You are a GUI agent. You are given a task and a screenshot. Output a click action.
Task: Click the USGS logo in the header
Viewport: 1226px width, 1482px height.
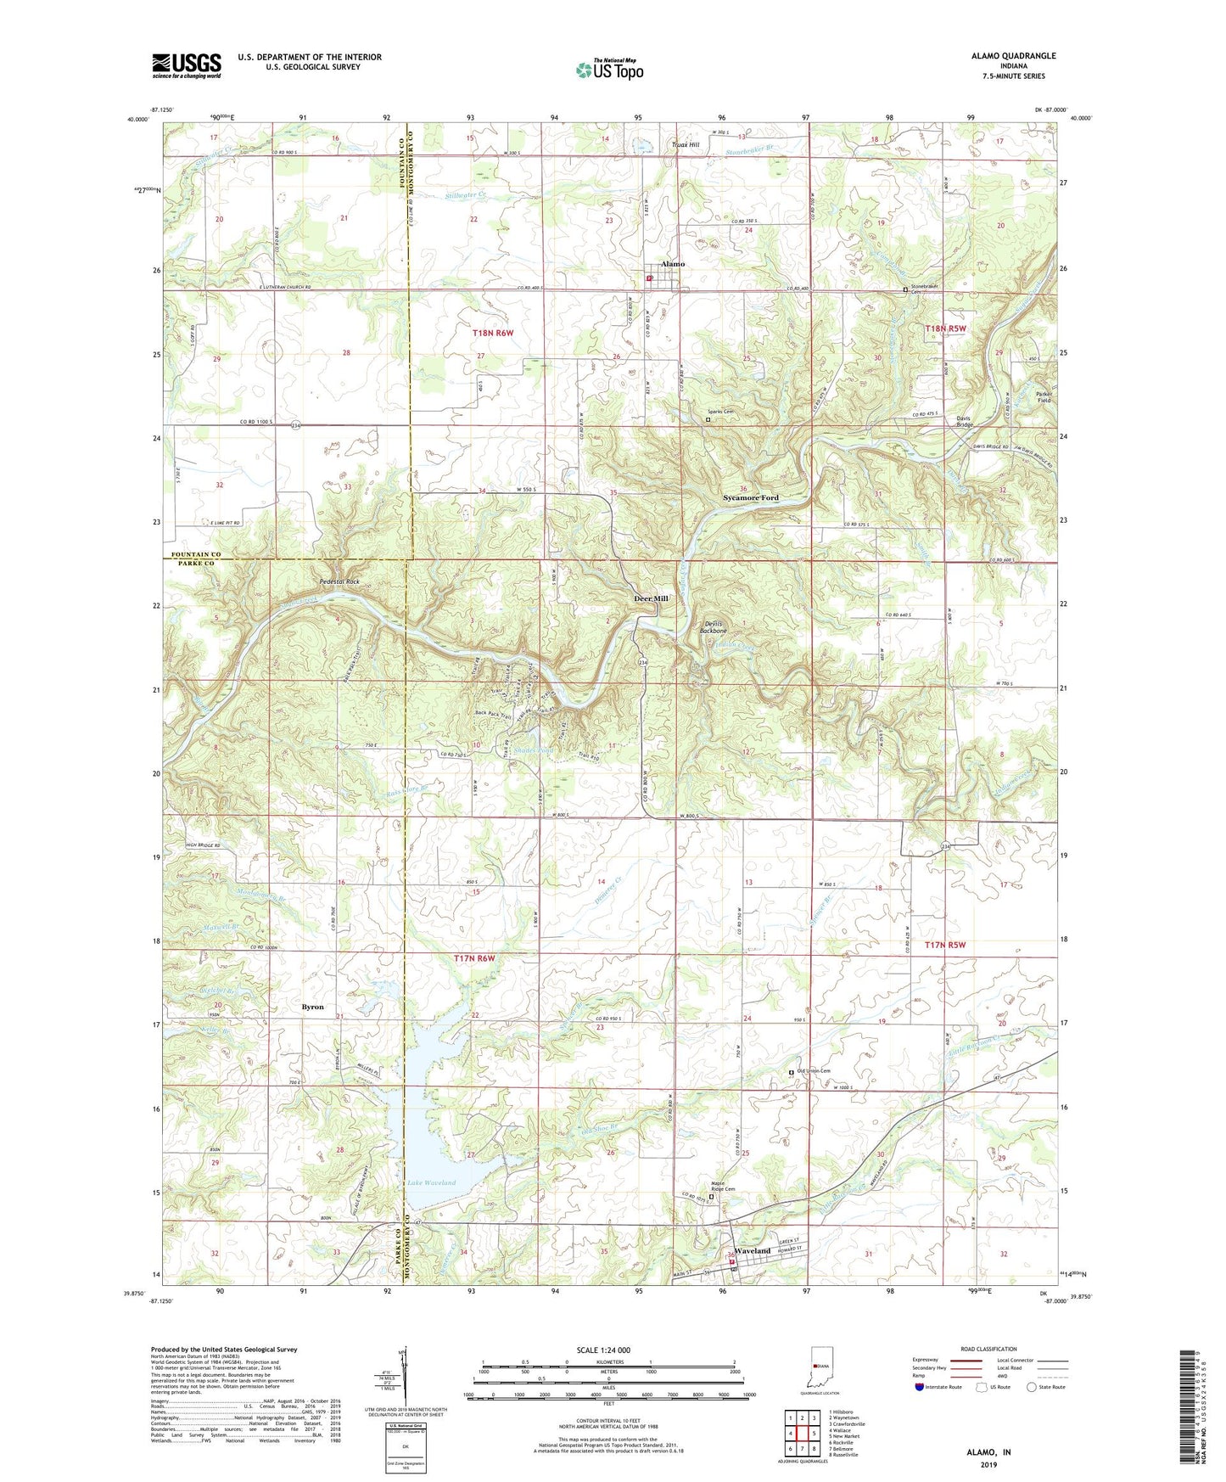point(186,65)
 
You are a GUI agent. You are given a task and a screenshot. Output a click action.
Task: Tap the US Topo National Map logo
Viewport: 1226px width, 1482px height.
point(609,70)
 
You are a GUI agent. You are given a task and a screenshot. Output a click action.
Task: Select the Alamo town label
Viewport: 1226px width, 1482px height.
point(672,264)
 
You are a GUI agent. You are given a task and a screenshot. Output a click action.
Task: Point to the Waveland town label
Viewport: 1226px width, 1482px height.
point(752,1251)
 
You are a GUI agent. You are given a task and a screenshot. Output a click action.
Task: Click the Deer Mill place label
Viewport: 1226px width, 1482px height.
point(651,598)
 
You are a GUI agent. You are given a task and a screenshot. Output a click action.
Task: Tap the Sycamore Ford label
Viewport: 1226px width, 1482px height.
point(750,497)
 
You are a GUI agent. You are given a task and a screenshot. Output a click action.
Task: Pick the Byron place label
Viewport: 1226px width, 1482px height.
point(313,1007)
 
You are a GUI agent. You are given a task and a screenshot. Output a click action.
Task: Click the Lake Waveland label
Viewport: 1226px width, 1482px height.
point(431,1182)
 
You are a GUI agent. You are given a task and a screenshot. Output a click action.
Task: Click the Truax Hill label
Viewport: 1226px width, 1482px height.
point(685,145)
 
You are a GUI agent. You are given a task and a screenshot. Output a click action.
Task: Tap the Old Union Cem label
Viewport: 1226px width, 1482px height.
point(813,1071)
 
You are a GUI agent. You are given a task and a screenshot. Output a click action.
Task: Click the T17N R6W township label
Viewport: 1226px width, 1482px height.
point(473,958)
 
